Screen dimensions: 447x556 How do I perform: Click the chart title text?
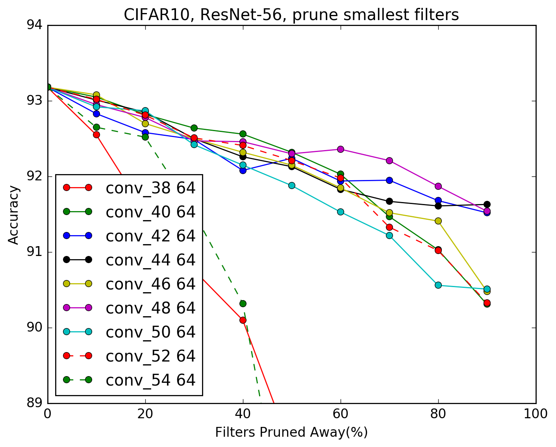click(x=291, y=15)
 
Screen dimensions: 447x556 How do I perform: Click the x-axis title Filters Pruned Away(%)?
click(x=291, y=432)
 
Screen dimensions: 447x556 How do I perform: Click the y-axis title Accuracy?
click(x=14, y=215)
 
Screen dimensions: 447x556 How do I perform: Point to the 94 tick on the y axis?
click(x=38, y=25)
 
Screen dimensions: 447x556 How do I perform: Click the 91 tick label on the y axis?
click(x=38, y=252)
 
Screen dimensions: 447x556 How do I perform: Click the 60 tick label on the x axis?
click(x=340, y=414)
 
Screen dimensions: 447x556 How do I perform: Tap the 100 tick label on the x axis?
click(x=536, y=414)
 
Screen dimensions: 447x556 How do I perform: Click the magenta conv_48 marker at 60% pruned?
click(x=340, y=149)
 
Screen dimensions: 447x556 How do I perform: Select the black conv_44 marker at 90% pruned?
click(x=487, y=204)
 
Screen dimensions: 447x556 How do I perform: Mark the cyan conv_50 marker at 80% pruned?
click(x=438, y=285)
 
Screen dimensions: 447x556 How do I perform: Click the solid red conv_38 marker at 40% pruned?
click(x=243, y=320)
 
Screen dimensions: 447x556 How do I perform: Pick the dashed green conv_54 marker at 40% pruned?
click(x=243, y=303)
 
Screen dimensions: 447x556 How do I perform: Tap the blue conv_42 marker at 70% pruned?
click(x=389, y=180)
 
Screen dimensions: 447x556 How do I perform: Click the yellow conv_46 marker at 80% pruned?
click(x=438, y=221)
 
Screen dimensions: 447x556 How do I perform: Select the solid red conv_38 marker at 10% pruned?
click(x=96, y=134)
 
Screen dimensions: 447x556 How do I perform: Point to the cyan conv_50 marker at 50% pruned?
click(x=291, y=185)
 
